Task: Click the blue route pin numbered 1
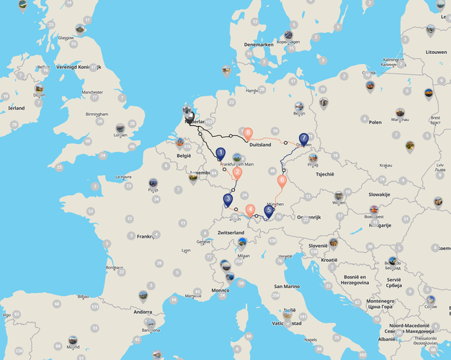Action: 220,153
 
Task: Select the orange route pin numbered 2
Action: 237,172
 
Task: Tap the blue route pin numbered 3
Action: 228,199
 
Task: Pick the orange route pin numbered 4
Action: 250,210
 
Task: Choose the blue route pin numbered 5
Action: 268,211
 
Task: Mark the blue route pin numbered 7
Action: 304,138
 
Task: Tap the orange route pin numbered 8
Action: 248,132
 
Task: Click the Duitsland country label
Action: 260,145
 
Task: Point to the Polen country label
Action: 375,122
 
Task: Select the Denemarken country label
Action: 259,45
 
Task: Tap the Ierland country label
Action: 16,108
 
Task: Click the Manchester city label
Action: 92,92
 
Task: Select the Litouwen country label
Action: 436,53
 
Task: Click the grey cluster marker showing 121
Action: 94,307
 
